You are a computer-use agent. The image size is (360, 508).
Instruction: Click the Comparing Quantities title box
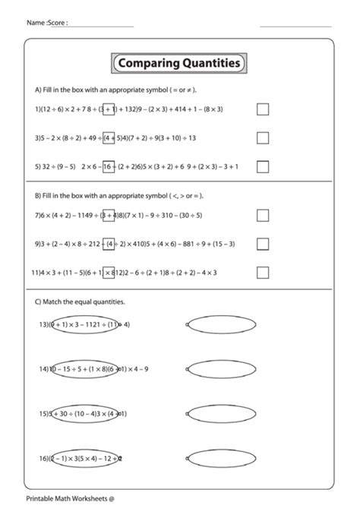point(179,64)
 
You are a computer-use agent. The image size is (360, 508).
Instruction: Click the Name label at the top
point(36,23)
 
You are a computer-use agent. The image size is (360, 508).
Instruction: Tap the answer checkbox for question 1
point(263,109)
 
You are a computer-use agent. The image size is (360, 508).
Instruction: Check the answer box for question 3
point(263,138)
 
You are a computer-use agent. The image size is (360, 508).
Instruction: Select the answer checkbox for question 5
point(263,166)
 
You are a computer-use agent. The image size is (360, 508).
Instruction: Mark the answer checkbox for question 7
point(263,216)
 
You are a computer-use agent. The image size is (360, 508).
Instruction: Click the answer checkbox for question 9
point(263,244)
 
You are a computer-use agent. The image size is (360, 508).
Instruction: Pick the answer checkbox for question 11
point(263,272)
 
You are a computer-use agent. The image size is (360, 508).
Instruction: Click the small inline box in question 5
point(109,166)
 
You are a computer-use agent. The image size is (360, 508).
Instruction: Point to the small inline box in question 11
point(109,272)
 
